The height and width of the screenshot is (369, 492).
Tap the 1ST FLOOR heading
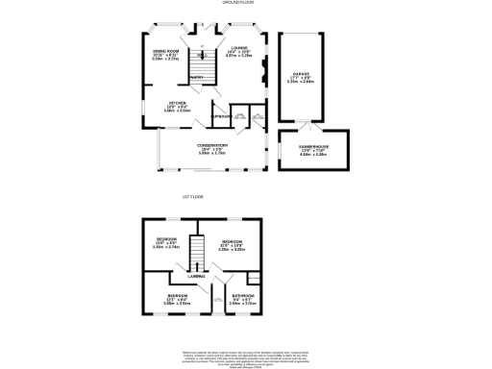[x=193, y=196]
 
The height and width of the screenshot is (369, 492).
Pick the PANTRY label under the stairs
[x=195, y=76]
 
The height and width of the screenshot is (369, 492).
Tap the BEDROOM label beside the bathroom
[x=178, y=295]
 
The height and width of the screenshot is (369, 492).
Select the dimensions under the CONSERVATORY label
[x=211, y=152]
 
